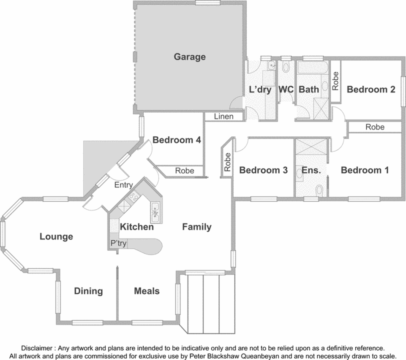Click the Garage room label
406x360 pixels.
190,57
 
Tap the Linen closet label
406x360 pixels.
224,116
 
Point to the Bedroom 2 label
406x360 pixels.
371,89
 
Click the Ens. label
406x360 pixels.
311,171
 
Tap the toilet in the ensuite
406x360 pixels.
319,190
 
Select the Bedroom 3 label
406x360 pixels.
263,170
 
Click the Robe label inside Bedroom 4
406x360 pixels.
185,171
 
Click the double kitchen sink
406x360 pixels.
155,213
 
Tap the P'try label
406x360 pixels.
118,244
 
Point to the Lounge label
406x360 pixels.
56,237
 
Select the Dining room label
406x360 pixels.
88,291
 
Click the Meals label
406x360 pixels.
147,291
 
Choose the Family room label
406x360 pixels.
197,227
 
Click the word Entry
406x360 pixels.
123,185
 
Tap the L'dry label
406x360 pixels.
260,89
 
